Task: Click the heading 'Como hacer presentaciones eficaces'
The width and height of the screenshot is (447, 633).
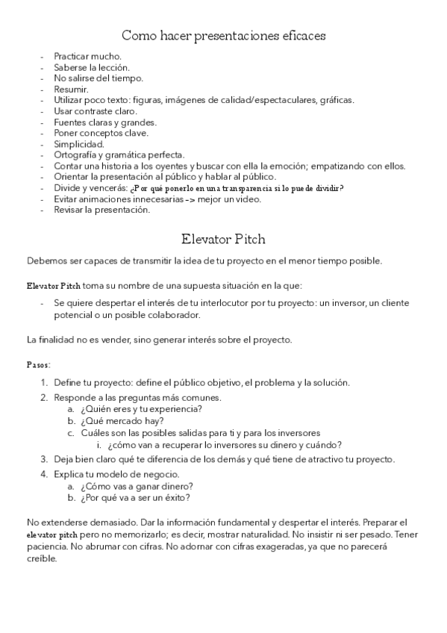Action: tap(223, 35)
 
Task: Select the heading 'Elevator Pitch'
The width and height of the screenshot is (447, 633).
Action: tap(223, 240)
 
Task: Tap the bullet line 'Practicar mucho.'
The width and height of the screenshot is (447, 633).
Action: tap(87, 56)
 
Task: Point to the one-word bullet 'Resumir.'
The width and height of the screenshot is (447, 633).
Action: tap(71, 89)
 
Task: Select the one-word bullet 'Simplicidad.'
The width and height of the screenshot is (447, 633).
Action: tap(79, 143)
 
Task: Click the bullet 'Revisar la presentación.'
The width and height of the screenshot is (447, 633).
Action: tap(101, 210)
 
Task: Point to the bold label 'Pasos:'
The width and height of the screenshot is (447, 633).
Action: tap(39, 366)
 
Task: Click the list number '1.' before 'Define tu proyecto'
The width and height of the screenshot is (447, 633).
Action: tap(45, 383)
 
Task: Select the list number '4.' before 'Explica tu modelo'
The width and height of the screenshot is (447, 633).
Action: tap(45, 475)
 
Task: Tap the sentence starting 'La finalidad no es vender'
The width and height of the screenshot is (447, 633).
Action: tap(159, 340)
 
